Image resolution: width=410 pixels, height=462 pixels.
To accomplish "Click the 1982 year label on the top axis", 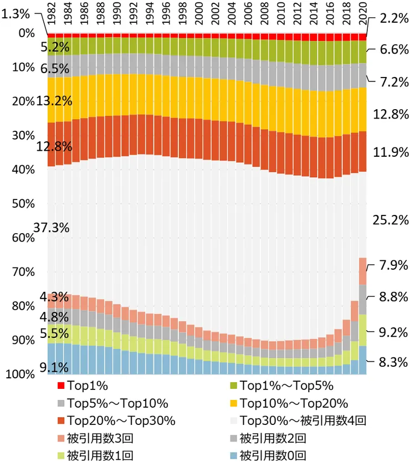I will (51, 17).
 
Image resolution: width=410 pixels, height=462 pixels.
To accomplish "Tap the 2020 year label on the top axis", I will (363, 17).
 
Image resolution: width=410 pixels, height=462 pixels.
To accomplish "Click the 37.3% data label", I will (51, 227).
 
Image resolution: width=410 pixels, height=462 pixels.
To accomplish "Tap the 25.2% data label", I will (391, 220).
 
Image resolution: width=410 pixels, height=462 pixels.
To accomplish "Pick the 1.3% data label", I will (16, 15).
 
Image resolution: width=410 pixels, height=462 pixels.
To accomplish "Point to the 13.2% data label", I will (53, 101).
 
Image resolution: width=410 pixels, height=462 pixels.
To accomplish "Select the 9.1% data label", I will (54, 367).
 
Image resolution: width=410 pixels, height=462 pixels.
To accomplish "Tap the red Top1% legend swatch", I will (60, 385).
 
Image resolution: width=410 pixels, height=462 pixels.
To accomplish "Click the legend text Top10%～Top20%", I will (294, 403).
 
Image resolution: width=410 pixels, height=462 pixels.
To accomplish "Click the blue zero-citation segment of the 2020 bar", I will (363, 360).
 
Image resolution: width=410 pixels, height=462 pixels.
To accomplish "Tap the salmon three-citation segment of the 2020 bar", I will (363, 271).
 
